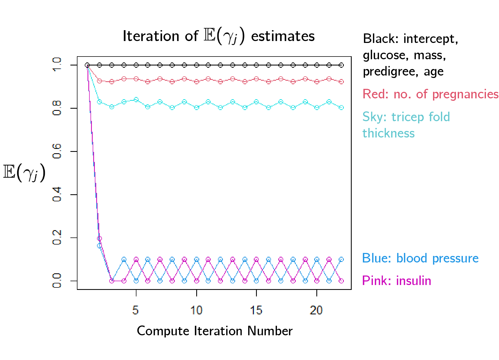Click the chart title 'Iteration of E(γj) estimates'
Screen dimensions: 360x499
coord(219,36)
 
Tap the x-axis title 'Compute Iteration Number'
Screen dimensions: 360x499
coord(214,331)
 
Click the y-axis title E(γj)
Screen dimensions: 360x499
coord(24,173)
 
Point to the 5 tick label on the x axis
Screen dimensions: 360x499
coord(136,310)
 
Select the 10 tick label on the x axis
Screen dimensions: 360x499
coord(196,310)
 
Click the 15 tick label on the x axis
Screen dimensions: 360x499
coord(256,310)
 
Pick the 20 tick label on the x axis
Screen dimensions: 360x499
coord(316,310)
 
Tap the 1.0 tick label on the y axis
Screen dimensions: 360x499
coord(57,65)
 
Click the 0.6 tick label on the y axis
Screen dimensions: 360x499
coord(57,151)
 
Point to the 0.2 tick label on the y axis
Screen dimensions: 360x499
coord(57,237)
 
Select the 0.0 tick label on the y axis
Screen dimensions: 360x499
coord(57,281)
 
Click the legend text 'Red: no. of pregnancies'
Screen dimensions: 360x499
coord(431,94)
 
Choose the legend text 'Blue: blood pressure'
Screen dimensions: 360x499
coord(420,258)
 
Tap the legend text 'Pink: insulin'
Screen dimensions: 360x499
coord(397,281)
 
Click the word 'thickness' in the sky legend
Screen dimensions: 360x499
coord(388,133)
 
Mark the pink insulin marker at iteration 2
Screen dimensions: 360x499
coord(99,239)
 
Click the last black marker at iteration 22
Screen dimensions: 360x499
coord(341,65)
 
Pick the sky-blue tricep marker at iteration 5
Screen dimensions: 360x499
coord(136,100)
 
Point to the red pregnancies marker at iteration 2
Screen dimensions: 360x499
coord(99,81)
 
